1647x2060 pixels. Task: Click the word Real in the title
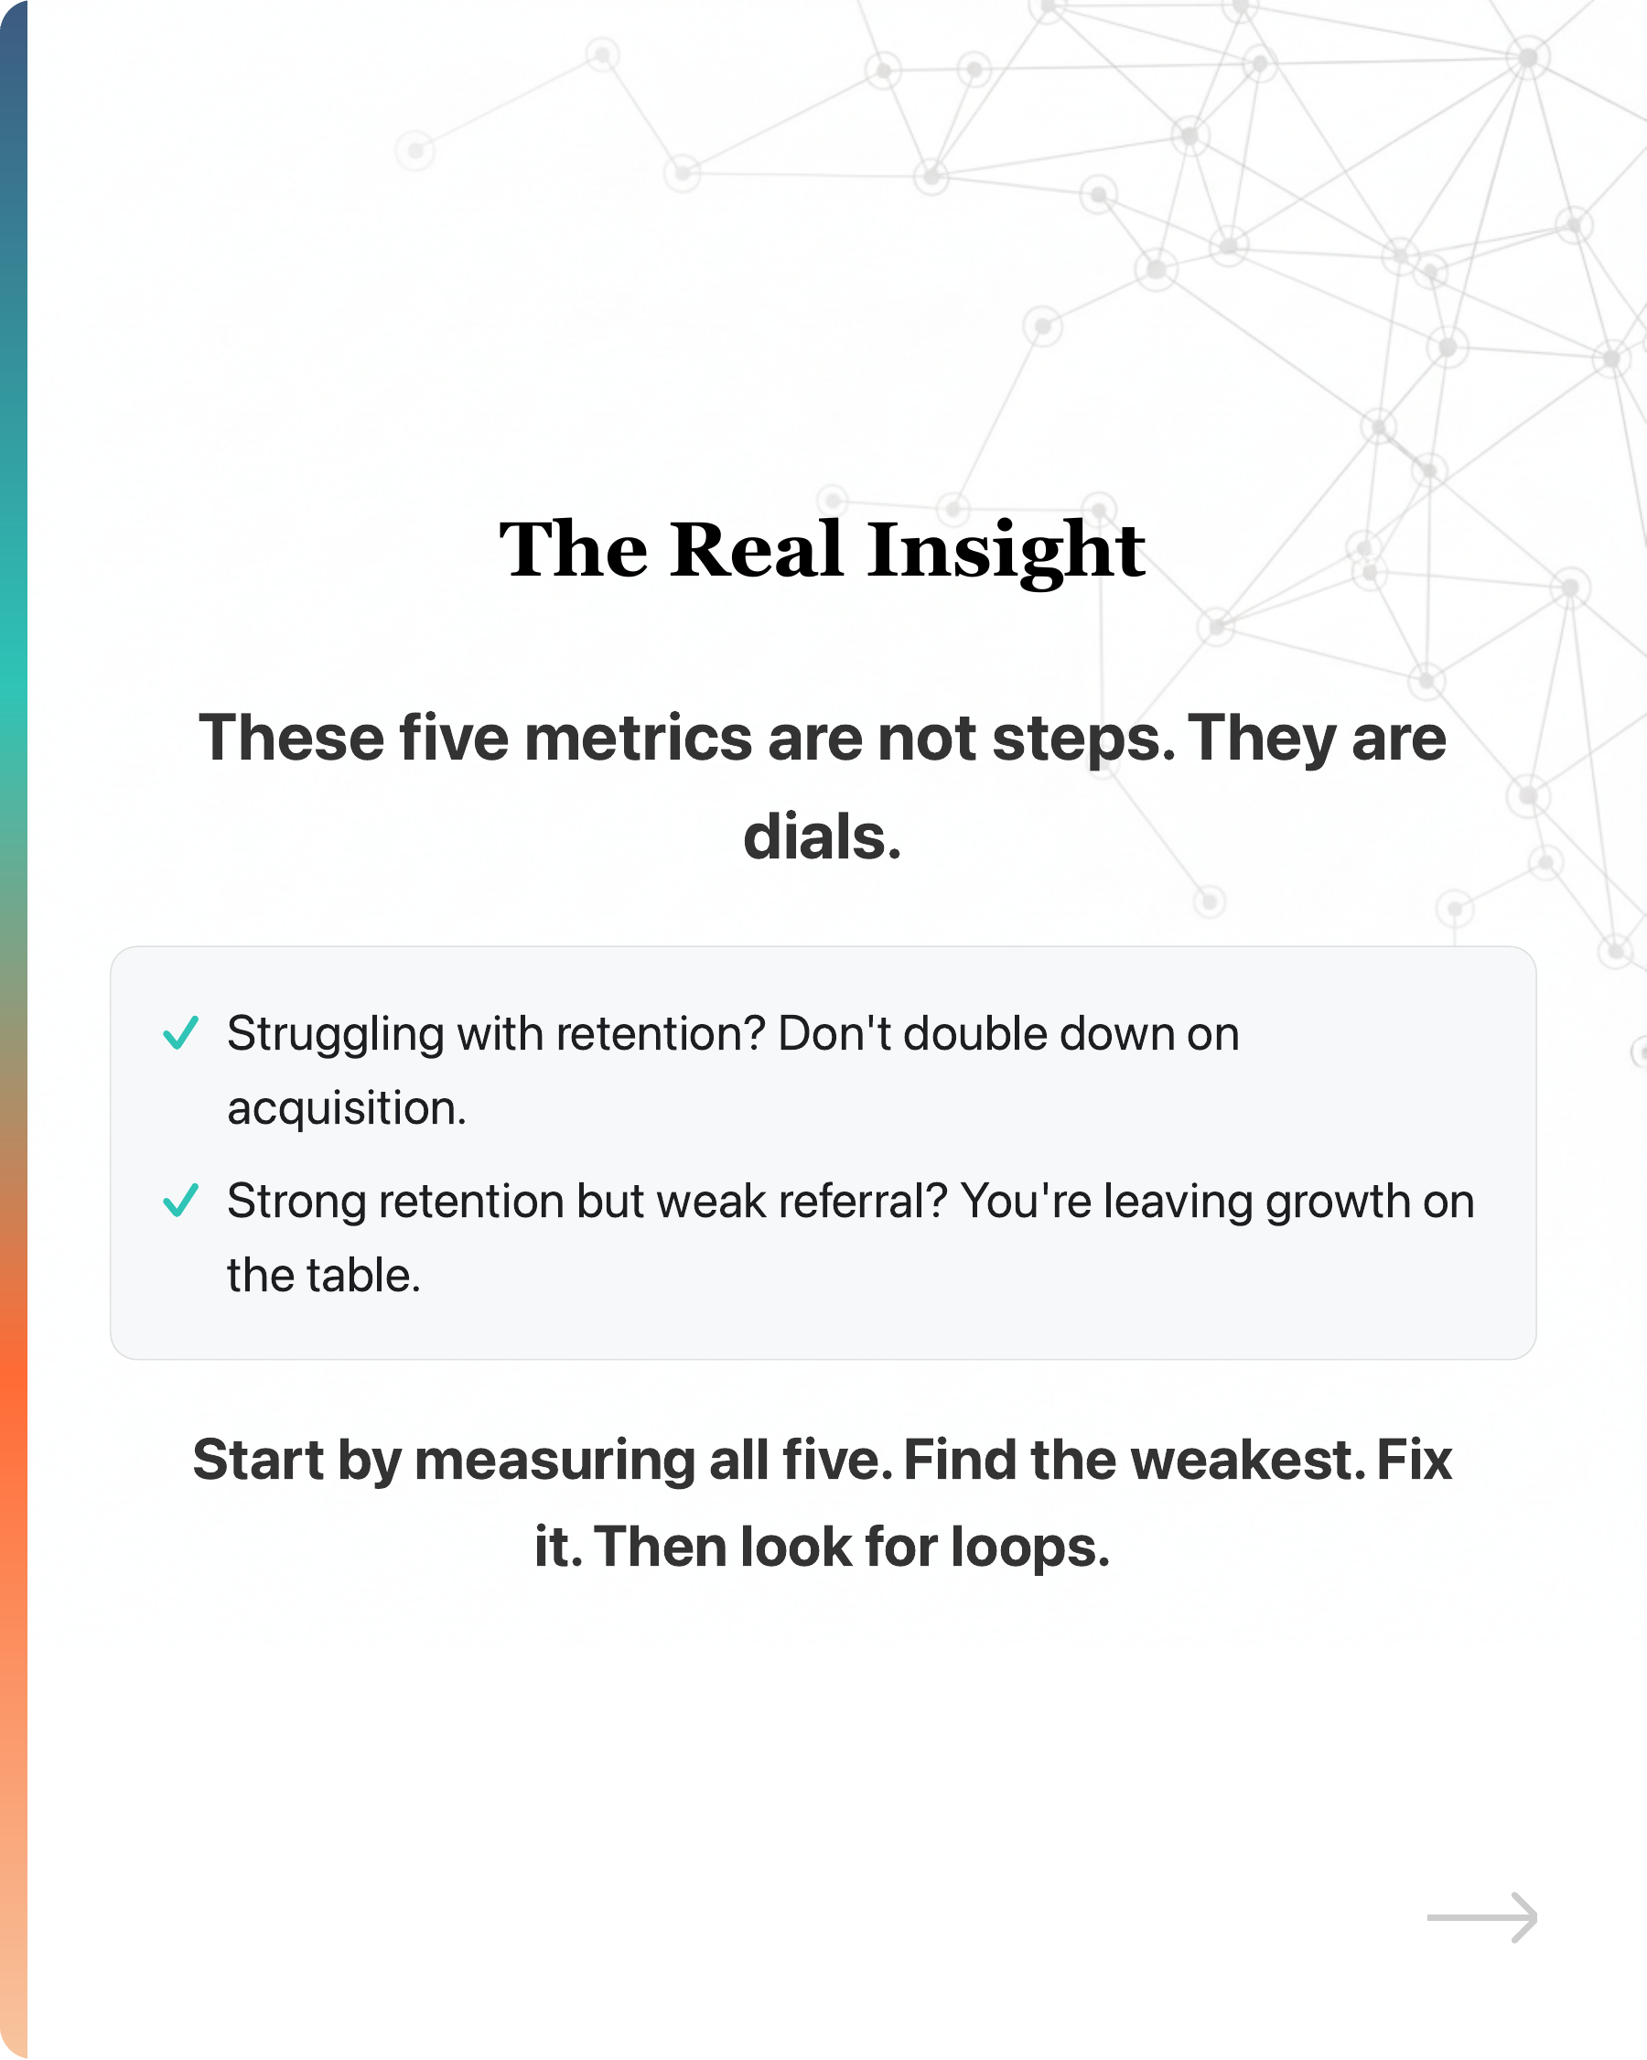757,550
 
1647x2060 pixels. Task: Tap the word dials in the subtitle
821,837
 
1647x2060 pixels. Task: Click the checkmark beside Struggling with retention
180,1033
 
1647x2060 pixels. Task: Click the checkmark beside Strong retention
180,1200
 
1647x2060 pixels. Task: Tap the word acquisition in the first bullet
346,1108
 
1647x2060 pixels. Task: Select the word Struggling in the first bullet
335,1035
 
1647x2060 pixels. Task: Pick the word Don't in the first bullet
834,1034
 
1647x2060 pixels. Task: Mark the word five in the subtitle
453,739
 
